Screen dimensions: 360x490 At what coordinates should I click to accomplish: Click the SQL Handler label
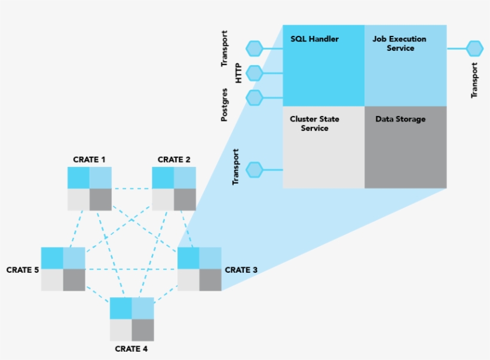(314, 39)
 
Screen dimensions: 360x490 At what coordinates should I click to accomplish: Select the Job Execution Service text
(399, 44)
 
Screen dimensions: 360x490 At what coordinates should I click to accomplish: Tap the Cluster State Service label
(314, 123)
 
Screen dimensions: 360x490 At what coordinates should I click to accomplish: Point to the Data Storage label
(400, 119)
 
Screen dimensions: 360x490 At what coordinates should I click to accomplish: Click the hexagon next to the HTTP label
(255, 74)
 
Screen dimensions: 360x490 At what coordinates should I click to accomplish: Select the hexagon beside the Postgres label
(255, 97)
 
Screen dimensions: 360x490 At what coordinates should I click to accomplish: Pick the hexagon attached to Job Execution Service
(474, 48)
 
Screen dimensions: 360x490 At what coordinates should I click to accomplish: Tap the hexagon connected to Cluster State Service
(255, 170)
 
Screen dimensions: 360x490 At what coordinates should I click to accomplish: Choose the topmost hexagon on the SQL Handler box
(255, 48)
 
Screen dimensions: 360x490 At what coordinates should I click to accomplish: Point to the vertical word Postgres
(224, 105)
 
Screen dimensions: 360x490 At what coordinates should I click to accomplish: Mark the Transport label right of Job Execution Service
(474, 80)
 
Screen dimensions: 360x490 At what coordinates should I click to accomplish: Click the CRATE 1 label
(89, 160)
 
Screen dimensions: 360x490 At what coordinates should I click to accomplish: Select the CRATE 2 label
(174, 160)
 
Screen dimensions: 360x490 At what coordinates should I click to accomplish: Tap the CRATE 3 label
(241, 270)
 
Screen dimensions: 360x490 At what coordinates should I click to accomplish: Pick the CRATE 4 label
(131, 348)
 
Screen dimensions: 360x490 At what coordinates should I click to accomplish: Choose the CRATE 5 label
(23, 270)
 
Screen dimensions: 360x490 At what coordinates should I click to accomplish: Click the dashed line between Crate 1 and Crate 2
(131, 189)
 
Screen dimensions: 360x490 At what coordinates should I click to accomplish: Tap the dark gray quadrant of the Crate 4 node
(143, 330)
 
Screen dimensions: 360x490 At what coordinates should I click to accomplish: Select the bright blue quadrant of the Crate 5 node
(52, 258)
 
